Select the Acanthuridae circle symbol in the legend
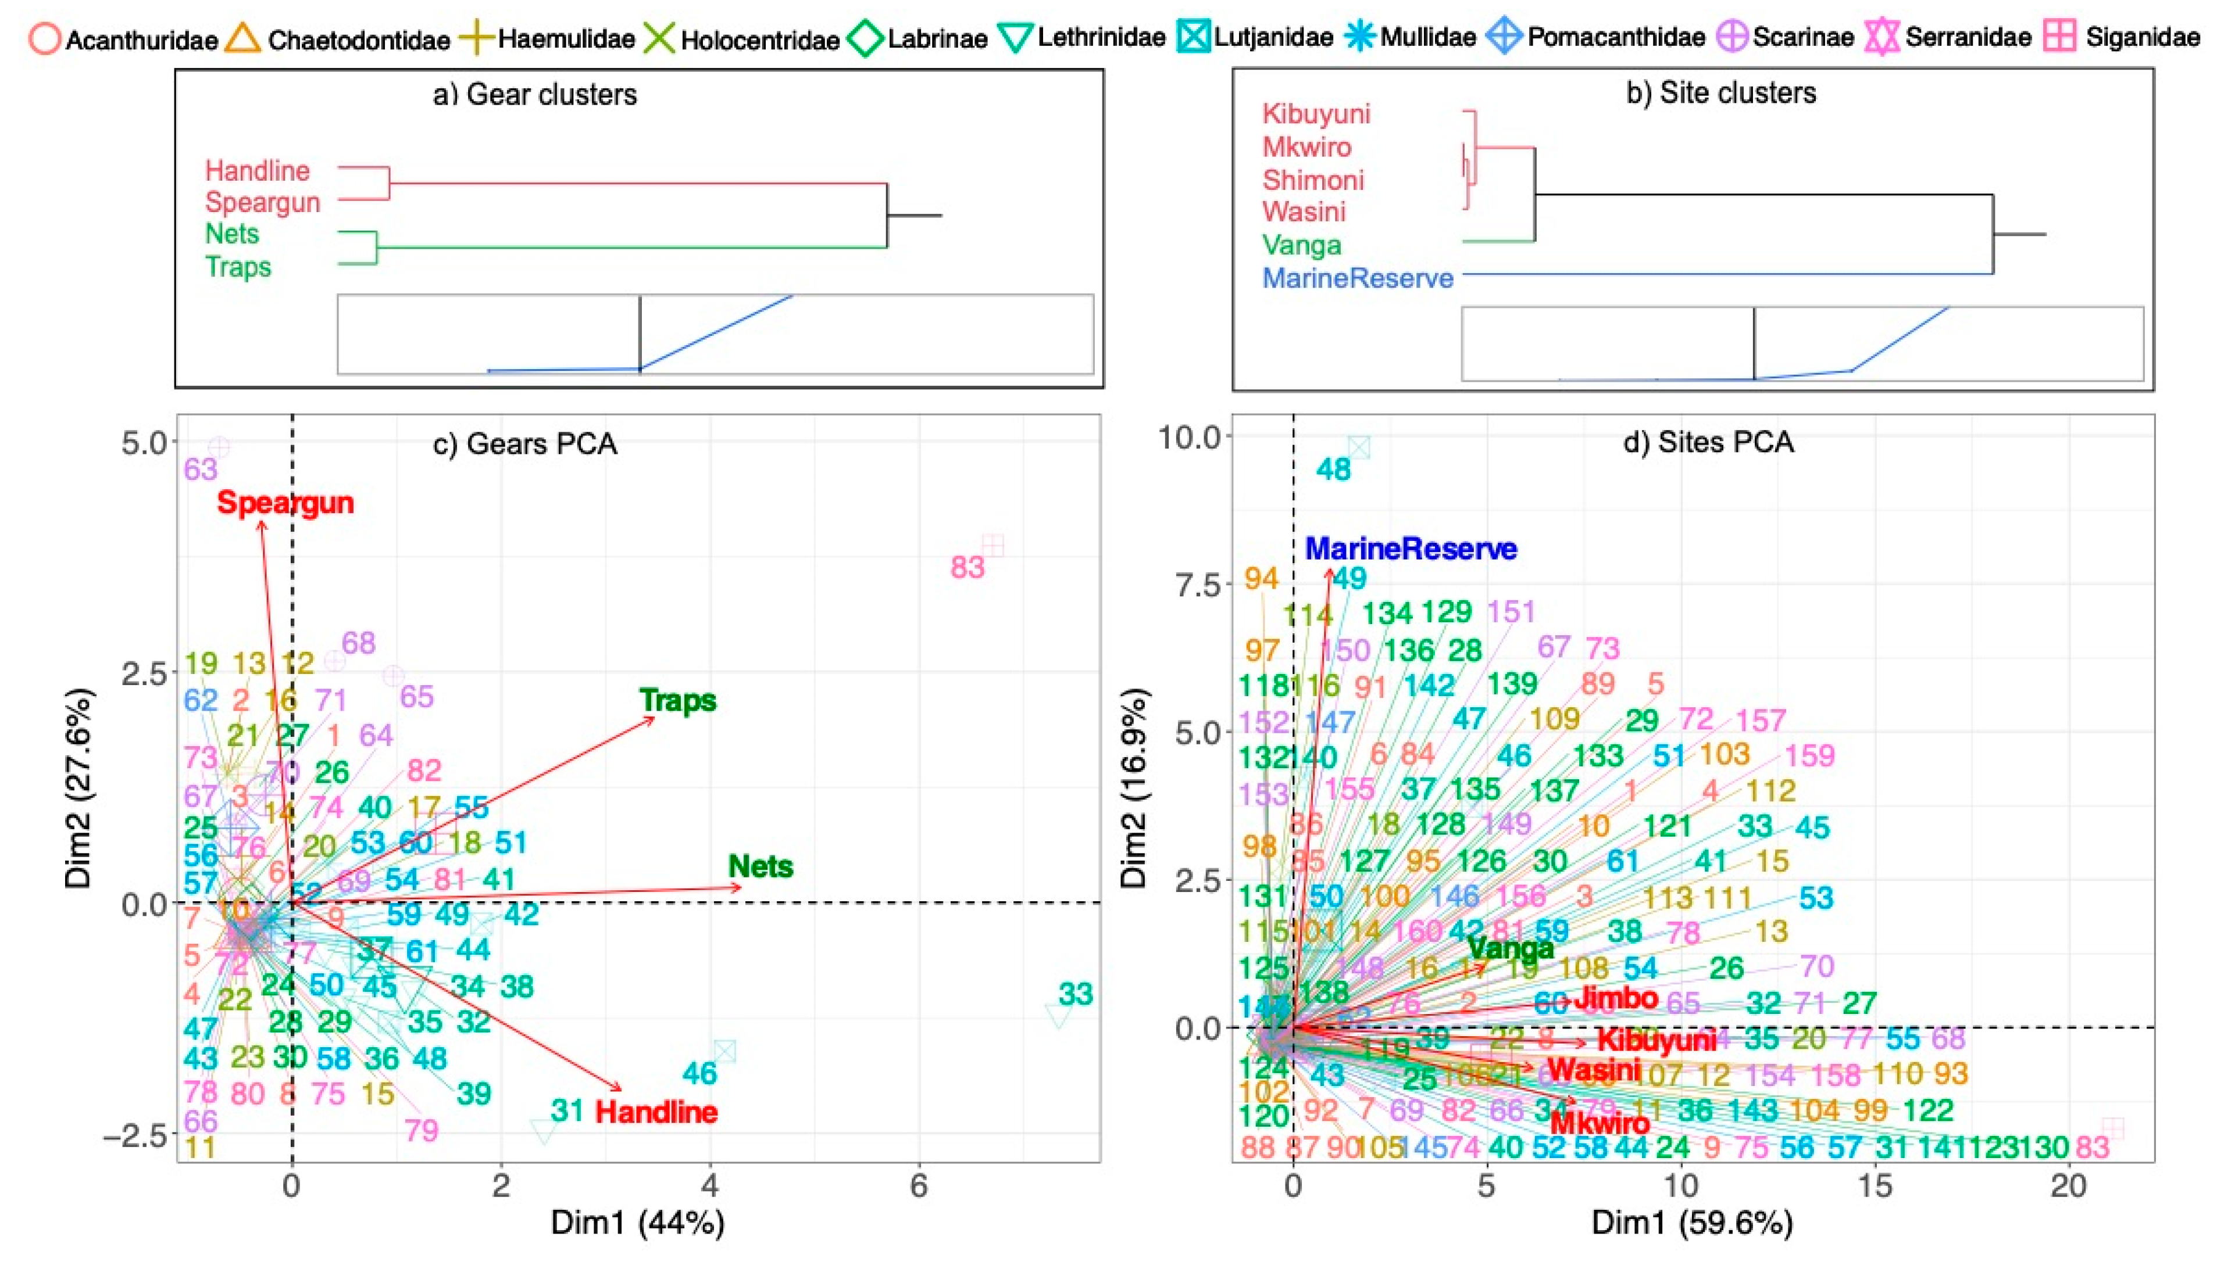tap(45, 39)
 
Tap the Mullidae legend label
tap(1427, 37)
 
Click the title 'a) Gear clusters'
tap(534, 94)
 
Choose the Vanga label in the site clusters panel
tap(1301, 245)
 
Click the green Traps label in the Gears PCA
tap(678, 700)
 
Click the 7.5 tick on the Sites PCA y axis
tap(1200, 585)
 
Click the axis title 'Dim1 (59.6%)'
tap(1691, 1223)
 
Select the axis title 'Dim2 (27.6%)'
tap(79, 789)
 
